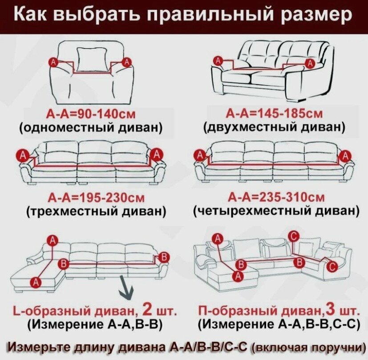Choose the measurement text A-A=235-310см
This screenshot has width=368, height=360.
point(276,197)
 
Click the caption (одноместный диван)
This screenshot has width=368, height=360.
point(91,127)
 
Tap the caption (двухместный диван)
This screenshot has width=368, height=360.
point(274,127)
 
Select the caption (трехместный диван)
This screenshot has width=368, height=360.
point(95,211)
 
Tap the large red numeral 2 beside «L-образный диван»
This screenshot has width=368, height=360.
point(146,308)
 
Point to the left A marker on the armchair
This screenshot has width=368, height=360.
point(54,61)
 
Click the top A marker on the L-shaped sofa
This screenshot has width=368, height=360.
point(53,241)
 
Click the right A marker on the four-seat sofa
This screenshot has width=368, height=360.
point(344,156)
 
